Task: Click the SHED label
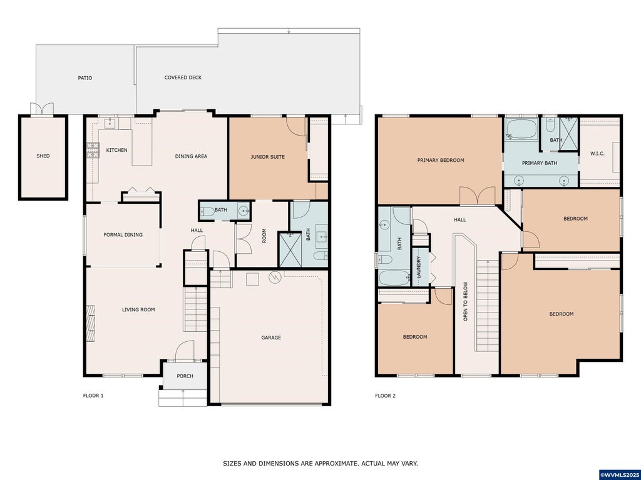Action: [43, 156]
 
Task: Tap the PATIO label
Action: [85, 78]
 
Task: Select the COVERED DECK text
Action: [183, 77]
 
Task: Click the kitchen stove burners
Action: [93, 150]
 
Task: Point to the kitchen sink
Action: [110, 123]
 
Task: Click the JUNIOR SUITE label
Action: [267, 157]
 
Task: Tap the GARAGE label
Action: [271, 337]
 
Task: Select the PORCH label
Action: [185, 376]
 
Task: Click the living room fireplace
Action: [91, 323]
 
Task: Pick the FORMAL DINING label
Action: [123, 235]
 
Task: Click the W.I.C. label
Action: [597, 154]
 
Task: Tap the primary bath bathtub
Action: [521, 129]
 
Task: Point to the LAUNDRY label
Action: [418, 267]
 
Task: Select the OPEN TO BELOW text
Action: [465, 301]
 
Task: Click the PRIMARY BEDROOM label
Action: [441, 161]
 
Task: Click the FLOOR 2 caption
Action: [385, 396]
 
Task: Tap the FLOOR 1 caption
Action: [93, 396]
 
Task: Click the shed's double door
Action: [42, 109]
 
